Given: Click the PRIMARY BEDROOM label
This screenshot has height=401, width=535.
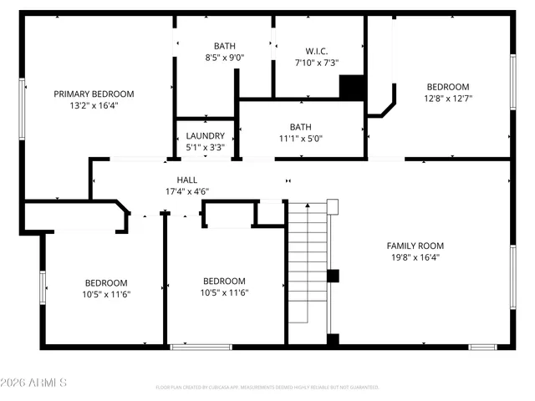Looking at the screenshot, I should (x=94, y=94).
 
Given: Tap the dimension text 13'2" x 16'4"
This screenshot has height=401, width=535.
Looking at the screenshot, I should (x=94, y=106).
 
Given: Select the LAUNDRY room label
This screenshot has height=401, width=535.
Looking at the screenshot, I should (x=205, y=135).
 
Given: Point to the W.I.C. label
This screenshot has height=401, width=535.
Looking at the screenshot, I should (x=316, y=50).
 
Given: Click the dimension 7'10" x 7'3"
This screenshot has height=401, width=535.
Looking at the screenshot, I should (x=316, y=63).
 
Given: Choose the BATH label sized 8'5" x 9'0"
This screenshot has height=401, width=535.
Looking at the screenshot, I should (x=224, y=47).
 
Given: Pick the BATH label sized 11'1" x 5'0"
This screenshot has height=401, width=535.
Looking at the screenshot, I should (x=301, y=127).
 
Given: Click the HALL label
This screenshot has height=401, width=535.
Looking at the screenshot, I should (x=186, y=180).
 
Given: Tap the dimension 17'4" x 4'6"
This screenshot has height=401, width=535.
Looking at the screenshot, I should (x=186, y=191).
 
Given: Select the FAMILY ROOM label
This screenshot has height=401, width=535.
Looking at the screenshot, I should (x=415, y=246).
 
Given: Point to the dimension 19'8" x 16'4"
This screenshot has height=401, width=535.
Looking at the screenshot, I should (x=415, y=257).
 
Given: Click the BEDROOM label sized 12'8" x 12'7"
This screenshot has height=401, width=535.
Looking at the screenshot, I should (x=448, y=87).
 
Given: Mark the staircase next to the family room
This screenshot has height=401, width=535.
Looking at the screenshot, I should (x=308, y=267).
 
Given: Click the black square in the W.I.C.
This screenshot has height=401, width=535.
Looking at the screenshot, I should (x=351, y=87).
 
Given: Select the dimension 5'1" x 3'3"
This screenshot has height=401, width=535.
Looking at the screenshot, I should (x=205, y=147).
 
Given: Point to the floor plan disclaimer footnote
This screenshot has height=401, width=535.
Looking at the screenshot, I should (x=267, y=388).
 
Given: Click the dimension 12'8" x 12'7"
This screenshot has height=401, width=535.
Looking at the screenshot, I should (x=448, y=99).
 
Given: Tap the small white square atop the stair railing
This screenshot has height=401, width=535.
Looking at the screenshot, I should (x=332, y=206).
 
